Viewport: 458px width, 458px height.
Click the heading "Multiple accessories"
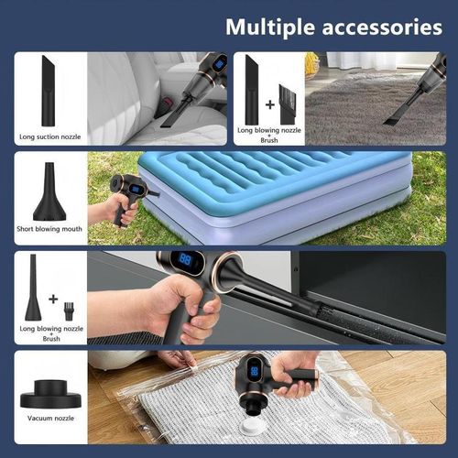[333, 26]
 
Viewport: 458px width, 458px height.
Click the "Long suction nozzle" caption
[50, 137]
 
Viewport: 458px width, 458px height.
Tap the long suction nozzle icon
[48, 90]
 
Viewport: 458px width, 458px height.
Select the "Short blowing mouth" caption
[49, 229]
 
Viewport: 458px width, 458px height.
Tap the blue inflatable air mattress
[275, 188]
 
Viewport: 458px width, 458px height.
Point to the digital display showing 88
[185, 261]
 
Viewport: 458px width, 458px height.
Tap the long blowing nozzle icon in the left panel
[33, 289]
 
